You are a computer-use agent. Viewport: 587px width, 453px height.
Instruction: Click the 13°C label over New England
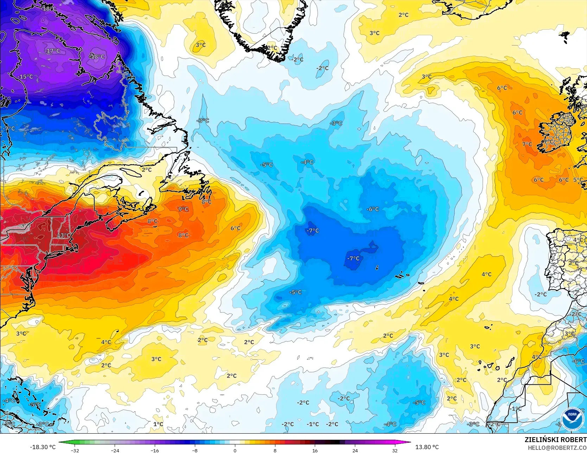click(x=64, y=235)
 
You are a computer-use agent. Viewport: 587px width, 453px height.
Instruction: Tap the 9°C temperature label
click(x=183, y=209)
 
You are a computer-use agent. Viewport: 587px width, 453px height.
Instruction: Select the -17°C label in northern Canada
click(x=52, y=51)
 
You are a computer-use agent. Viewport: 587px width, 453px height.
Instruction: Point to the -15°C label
click(x=25, y=77)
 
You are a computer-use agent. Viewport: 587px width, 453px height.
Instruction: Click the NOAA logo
click(x=572, y=419)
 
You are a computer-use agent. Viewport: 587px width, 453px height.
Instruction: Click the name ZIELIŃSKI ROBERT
click(x=555, y=440)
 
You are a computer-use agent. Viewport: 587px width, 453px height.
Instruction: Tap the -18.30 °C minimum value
click(x=43, y=447)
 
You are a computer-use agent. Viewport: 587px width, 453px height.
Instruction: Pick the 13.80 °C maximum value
click(x=427, y=447)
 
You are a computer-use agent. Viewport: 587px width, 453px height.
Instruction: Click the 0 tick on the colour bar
click(x=235, y=450)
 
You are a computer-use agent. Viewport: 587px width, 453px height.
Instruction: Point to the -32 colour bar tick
click(x=75, y=450)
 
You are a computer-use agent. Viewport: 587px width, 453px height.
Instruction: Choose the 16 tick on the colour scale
click(x=315, y=450)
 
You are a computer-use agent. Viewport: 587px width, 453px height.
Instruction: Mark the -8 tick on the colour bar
click(x=195, y=450)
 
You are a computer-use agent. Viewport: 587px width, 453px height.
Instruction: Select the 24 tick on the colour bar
click(x=355, y=450)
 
